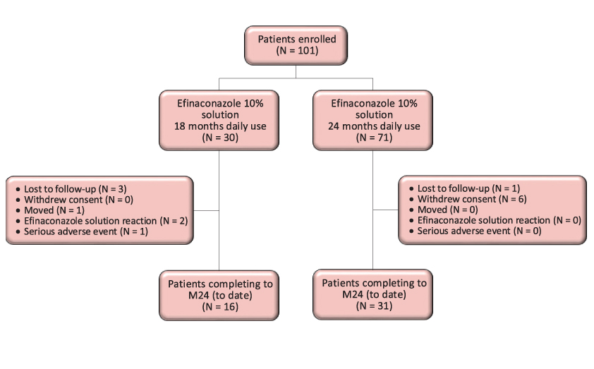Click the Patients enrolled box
(x=296, y=44)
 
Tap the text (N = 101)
(x=296, y=51)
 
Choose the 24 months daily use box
(x=374, y=120)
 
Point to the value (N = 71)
(x=374, y=138)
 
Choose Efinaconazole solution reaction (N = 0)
(x=498, y=220)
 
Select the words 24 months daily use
(x=374, y=126)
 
